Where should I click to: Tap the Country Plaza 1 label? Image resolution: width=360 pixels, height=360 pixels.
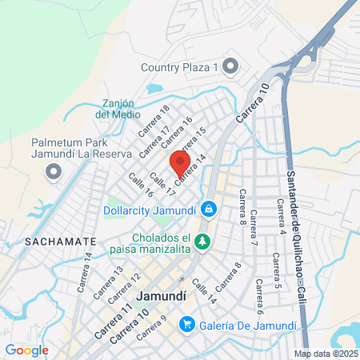[180, 68]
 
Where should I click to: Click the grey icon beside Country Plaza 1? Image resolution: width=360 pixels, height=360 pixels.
[232, 67]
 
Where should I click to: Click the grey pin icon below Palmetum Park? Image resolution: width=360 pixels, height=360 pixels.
[54, 171]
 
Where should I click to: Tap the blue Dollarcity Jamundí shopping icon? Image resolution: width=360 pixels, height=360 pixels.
[208, 210]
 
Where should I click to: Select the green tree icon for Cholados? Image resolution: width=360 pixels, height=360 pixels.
[203, 240]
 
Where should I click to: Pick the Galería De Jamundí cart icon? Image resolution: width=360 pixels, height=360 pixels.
[187, 324]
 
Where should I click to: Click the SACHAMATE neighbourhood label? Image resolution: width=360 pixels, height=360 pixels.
[50, 241]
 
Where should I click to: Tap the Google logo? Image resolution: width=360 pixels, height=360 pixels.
[27, 350]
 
